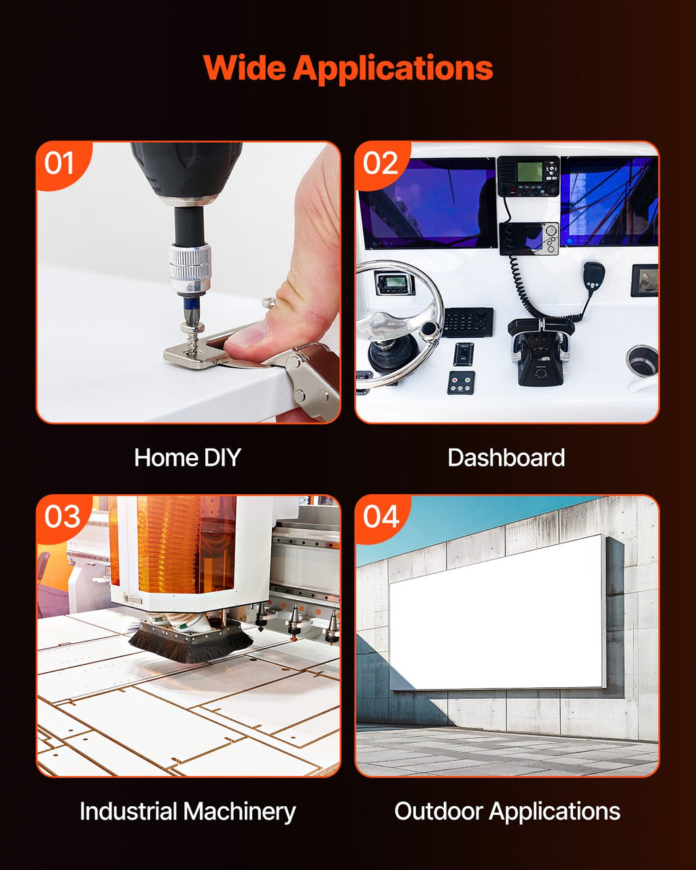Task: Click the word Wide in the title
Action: [245, 68]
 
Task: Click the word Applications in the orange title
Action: [393, 69]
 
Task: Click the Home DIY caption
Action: [187, 457]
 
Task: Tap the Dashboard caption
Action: [506, 457]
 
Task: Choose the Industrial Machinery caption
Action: [188, 812]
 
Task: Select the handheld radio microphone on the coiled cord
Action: [593, 276]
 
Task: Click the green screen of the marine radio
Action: [529, 172]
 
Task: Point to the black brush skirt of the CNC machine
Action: [191, 643]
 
